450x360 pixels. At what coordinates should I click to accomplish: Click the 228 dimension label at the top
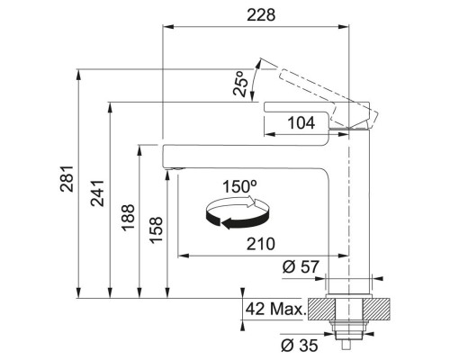pyautogui.click(x=261, y=15)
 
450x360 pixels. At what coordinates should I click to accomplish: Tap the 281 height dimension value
pyautogui.click(x=67, y=178)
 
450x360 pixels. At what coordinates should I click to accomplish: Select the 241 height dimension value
pyautogui.click(x=97, y=193)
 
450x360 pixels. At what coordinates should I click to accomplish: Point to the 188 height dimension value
pyautogui.click(x=128, y=217)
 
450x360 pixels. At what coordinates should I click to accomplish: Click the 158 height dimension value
pyautogui.click(x=157, y=229)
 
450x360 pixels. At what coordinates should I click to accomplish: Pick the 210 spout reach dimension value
pyautogui.click(x=261, y=244)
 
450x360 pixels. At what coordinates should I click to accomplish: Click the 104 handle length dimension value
pyautogui.click(x=301, y=122)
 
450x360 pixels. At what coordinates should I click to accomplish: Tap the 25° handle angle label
pyautogui.click(x=241, y=84)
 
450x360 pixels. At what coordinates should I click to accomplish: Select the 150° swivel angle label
pyautogui.click(x=239, y=186)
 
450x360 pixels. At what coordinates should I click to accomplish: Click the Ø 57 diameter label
pyautogui.click(x=301, y=266)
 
